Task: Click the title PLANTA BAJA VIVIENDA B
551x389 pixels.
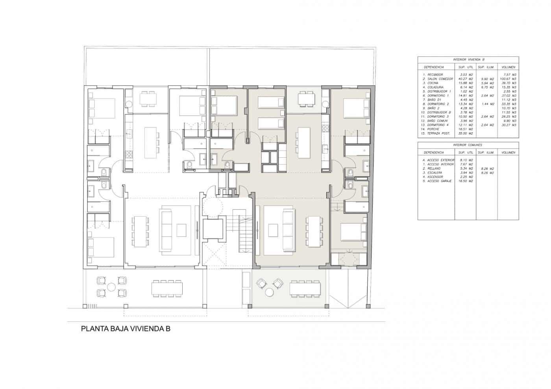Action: pos(126,329)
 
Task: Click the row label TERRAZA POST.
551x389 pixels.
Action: pos(436,133)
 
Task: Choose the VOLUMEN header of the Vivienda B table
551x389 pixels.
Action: pos(508,67)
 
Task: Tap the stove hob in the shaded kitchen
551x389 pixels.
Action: pos(325,128)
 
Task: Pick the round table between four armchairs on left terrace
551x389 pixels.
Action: pos(112,287)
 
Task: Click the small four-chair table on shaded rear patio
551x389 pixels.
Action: pos(307,98)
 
